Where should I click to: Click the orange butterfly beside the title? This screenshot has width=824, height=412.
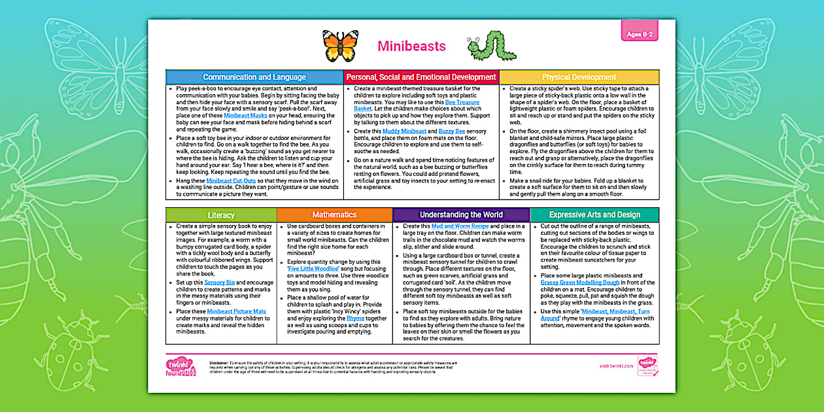340,46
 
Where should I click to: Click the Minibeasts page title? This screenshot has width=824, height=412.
411,46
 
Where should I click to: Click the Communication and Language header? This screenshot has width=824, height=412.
255,77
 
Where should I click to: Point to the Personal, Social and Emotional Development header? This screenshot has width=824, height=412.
421,77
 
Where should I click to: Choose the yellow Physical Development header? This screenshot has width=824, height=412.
579,77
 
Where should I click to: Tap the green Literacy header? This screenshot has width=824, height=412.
221,215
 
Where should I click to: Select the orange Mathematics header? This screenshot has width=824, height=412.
334,215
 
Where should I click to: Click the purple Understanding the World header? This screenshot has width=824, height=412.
461,215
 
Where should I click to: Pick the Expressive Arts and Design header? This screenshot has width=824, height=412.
594,215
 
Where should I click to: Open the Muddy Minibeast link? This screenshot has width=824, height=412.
405,131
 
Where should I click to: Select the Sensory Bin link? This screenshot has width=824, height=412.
215,283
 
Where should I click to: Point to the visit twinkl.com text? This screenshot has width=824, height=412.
615,366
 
